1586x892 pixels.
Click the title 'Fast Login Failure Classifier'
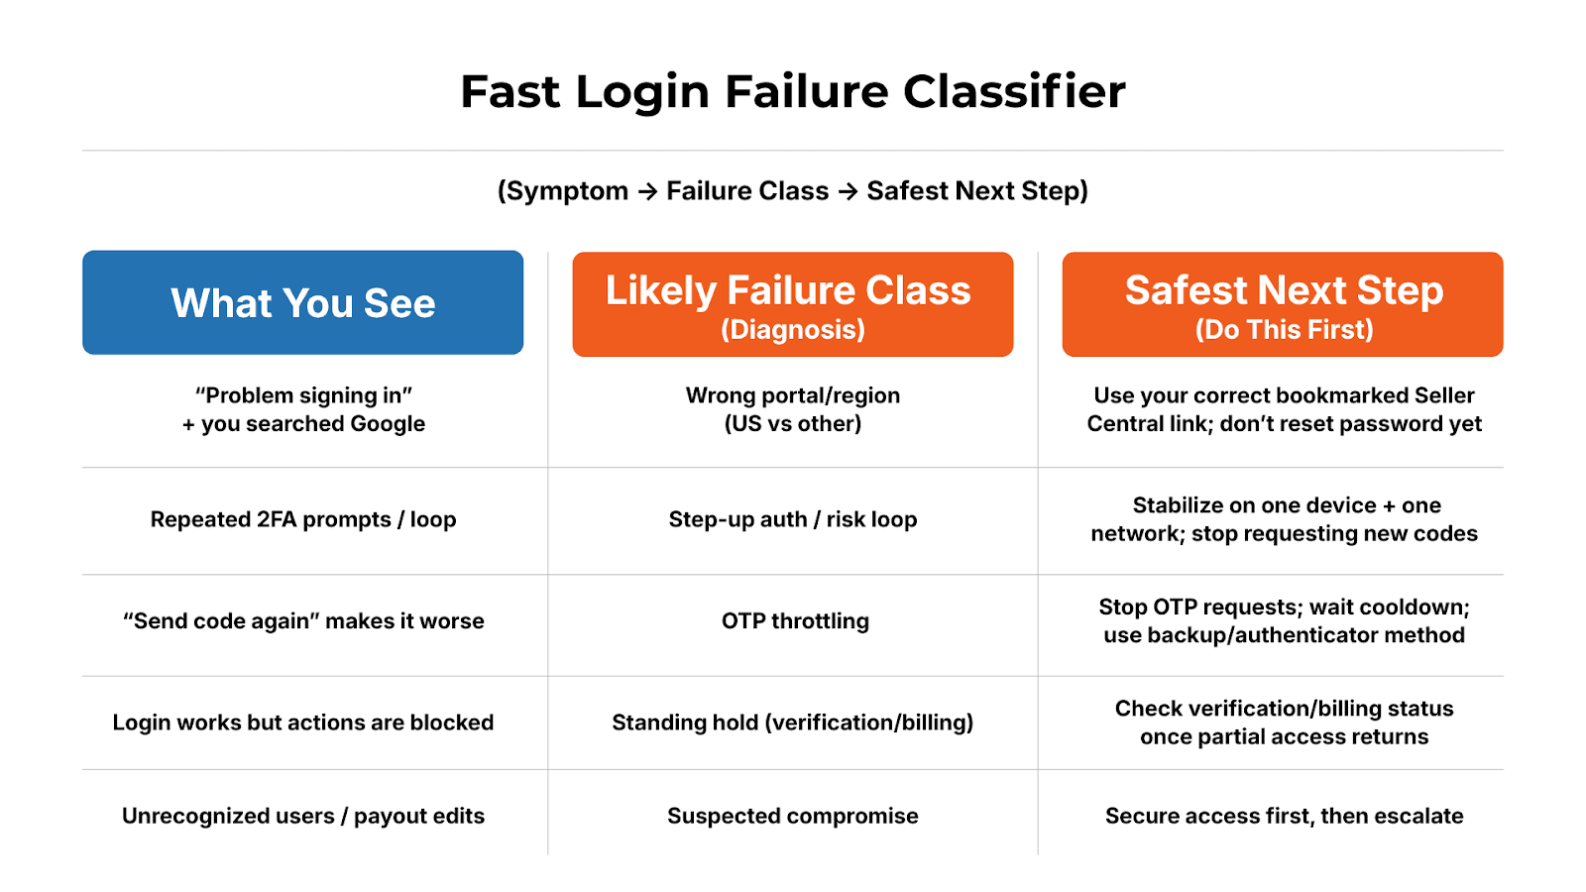(793, 92)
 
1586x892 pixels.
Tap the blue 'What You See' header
(302, 303)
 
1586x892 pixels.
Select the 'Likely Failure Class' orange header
(792, 303)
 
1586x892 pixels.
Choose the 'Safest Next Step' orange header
(1283, 303)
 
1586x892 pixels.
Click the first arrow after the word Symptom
(647, 191)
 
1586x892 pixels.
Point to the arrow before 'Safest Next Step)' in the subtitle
(848, 191)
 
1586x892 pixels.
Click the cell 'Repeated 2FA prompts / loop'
(303, 519)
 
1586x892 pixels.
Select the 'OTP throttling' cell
(795, 621)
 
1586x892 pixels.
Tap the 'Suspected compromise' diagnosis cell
(793, 816)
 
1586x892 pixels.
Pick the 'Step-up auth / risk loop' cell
(793, 519)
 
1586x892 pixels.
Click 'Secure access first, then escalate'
(1284, 816)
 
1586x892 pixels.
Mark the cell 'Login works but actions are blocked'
(303, 723)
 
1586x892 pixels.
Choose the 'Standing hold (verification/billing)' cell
(793, 723)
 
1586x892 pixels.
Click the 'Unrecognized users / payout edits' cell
(303, 816)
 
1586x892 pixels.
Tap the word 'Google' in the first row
(387, 424)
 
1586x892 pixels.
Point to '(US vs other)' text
(793, 424)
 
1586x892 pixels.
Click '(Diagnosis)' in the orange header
(793, 329)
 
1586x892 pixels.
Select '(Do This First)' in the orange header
(1284, 329)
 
